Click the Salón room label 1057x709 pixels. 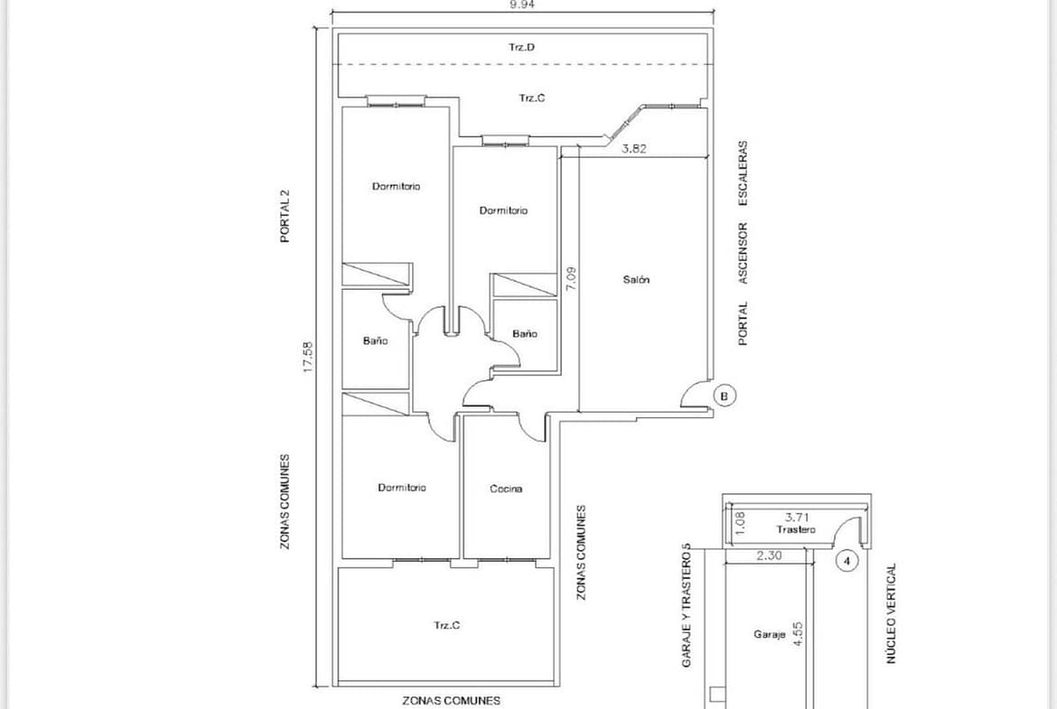pyautogui.click(x=636, y=279)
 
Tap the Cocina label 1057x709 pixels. pyautogui.click(x=506, y=489)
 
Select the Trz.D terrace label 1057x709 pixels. pyautogui.click(x=522, y=47)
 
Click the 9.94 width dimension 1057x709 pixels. pyautogui.click(x=523, y=4)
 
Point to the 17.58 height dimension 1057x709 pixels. pyautogui.click(x=308, y=357)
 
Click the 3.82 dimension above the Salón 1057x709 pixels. pyautogui.click(x=633, y=149)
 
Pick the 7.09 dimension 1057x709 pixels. pyautogui.click(x=571, y=279)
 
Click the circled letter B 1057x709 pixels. pyautogui.click(x=725, y=396)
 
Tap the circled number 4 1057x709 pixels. pyautogui.click(x=847, y=561)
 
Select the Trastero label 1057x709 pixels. pyautogui.click(x=795, y=530)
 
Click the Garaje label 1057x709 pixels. pyautogui.click(x=769, y=634)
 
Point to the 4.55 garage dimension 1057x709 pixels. pyautogui.click(x=798, y=634)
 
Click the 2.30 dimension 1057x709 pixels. pyautogui.click(x=769, y=556)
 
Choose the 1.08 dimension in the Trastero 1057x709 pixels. pyautogui.click(x=739, y=524)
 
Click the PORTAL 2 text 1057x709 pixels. pyautogui.click(x=285, y=216)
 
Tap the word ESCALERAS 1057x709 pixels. pyautogui.click(x=743, y=173)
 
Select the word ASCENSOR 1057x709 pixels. pyautogui.click(x=743, y=253)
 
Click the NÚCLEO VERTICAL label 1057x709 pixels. pyautogui.click(x=891, y=613)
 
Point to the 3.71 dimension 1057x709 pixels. pyautogui.click(x=797, y=518)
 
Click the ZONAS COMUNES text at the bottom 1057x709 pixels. pyautogui.click(x=451, y=701)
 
